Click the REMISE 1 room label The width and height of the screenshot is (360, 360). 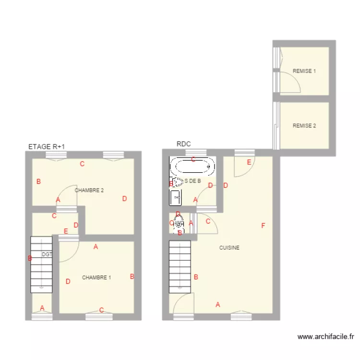tap(304, 71)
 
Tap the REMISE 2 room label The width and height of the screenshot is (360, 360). tap(304, 126)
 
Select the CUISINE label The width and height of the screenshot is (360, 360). tap(229, 248)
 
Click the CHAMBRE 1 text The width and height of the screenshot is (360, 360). tap(96, 277)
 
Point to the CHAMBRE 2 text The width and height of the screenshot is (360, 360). tap(89, 190)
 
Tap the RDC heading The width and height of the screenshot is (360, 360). tap(183, 144)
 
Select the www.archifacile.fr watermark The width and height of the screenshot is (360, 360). tap(326, 337)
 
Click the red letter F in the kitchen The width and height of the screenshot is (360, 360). tap(263, 226)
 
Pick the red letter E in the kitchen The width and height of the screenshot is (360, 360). tap(249, 162)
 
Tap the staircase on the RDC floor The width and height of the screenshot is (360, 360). tap(180, 266)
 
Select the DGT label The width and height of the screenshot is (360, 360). tap(47, 254)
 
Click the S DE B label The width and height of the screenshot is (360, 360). tap(192, 181)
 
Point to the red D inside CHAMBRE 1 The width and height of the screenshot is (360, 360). tap(68, 281)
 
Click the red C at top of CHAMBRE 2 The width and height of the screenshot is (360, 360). tap(82, 164)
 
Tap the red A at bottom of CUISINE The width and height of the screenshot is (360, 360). tap(218, 304)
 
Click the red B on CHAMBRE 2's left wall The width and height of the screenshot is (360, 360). tap(38, 181)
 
